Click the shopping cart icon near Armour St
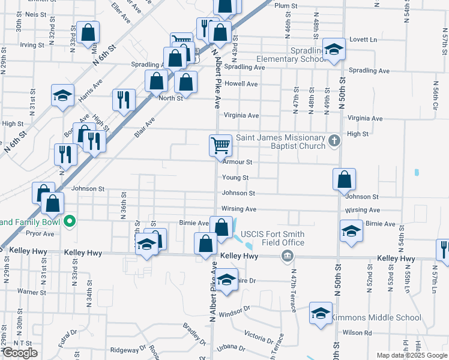pyautogui.click(x=220, y=145)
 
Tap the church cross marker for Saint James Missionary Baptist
pyautogui.click(x=335, y=142)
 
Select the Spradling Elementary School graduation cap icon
pyautogui.click(x=334, y=49)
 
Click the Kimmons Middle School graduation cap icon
pyautogui.click(x=321, y=313)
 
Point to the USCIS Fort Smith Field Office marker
pyautogui.click(x=288, y=257)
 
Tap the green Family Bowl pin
pyautogui.click(x=70, y=221)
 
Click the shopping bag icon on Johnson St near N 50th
pyautogui.click(x=344, y=179)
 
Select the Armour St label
pyautogui.click(x=238, y=162)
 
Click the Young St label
pyautogui.click(x=235, y=178)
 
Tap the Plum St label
pyautogui.click(x=286, y=5)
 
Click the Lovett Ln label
pyautogui.click(x=365, y=40)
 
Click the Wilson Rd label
pyautogui.click(x=357, y=332)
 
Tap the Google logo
pyautogui.click(x=20, y=353)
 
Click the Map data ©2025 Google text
pyautogui.click(x=411, y=355)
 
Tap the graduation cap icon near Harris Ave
pyautogui.click(x=62, y=96)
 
